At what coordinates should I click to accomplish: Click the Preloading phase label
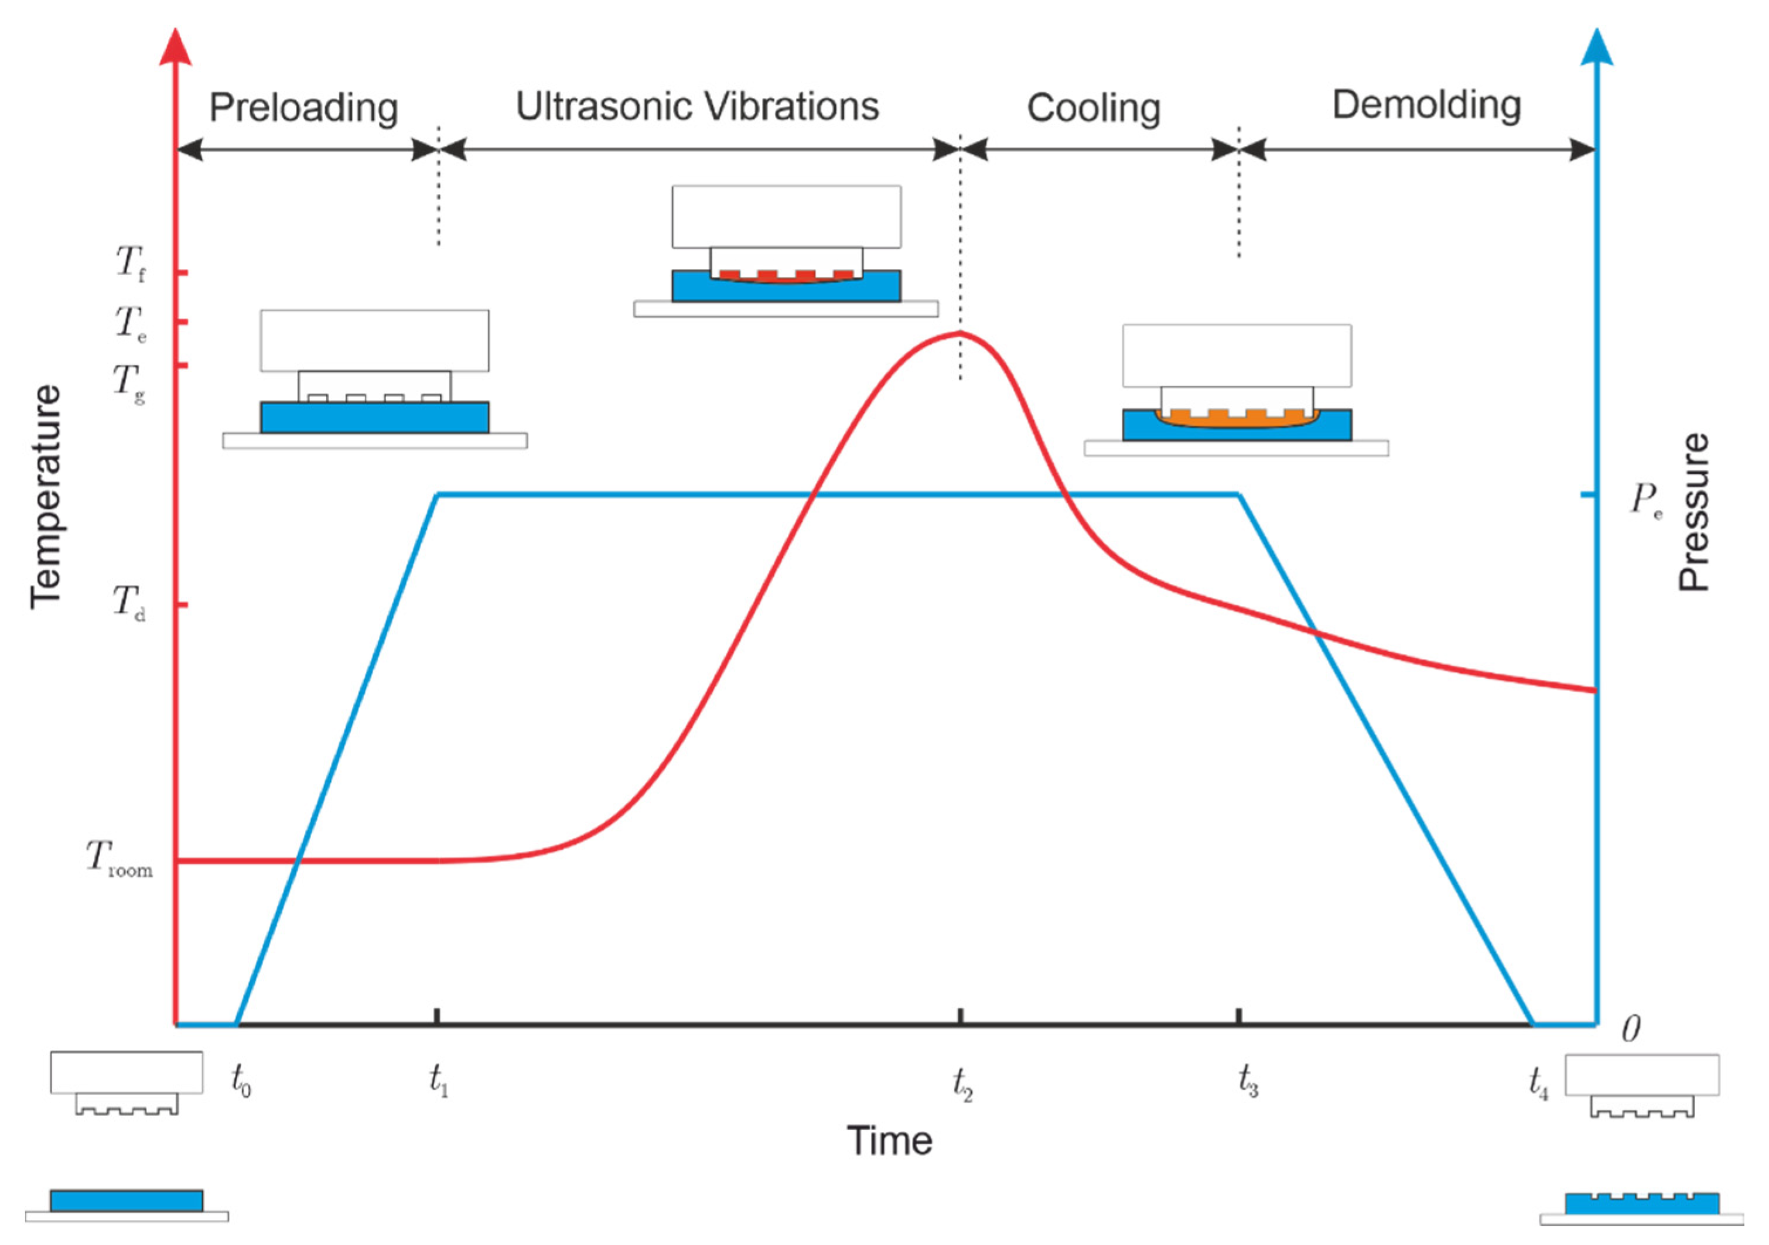pos(303,108)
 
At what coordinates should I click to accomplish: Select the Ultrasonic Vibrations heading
pos(697,107)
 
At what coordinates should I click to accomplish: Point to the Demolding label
pos(1426,105)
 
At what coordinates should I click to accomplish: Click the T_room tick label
pos(119,859)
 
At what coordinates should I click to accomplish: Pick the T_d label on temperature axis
pos(129,603)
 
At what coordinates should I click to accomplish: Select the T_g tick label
pos(129,383)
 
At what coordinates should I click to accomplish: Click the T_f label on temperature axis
pos(130,264)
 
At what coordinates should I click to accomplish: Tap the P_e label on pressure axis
pos(1646,501)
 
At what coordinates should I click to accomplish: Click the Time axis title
pos(889,1141)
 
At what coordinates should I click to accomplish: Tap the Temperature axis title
pos(46,497)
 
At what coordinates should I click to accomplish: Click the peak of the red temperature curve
pos(960,333)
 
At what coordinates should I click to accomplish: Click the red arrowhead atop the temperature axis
pos(176,48)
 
